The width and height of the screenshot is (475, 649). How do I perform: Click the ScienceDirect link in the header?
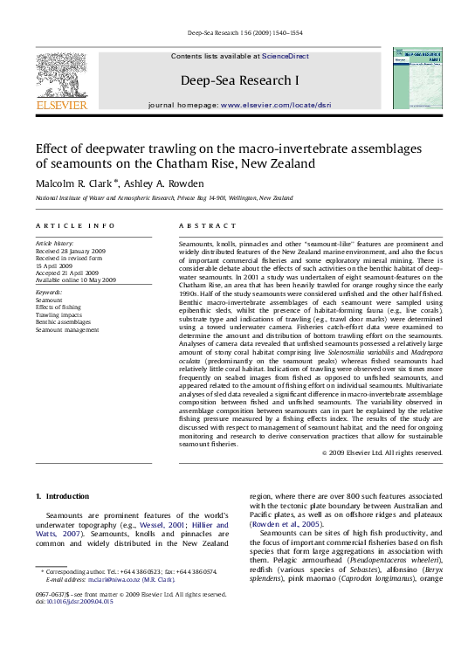click(286, 56)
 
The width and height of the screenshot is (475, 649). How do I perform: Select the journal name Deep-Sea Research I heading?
click(239, 80)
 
